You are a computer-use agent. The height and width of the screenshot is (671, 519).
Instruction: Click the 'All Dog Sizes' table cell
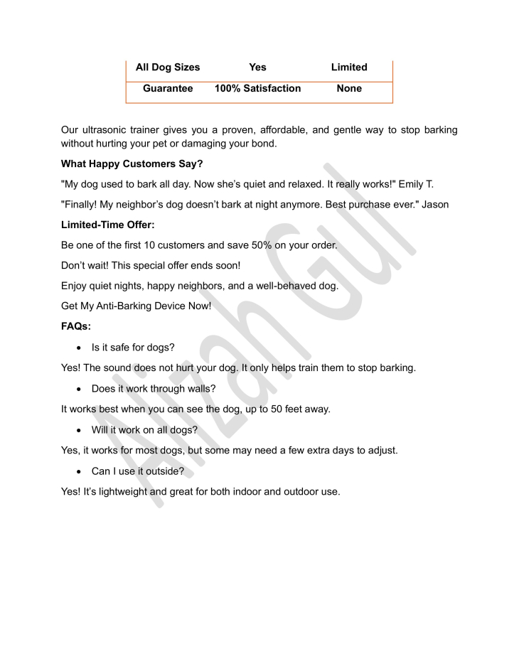coord(168,68)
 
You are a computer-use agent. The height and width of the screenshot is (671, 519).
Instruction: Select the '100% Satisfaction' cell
coord(257,89)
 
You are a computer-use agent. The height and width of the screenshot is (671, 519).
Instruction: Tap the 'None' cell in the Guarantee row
coord(349,89)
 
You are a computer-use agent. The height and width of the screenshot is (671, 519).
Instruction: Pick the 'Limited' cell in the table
coord(349,68)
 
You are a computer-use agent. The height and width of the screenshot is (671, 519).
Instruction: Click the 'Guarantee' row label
coord(168,89)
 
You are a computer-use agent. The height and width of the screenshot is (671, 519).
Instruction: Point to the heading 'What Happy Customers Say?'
coord(132,164)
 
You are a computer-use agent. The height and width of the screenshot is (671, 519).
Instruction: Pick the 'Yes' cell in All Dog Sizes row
coord(257,68)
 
